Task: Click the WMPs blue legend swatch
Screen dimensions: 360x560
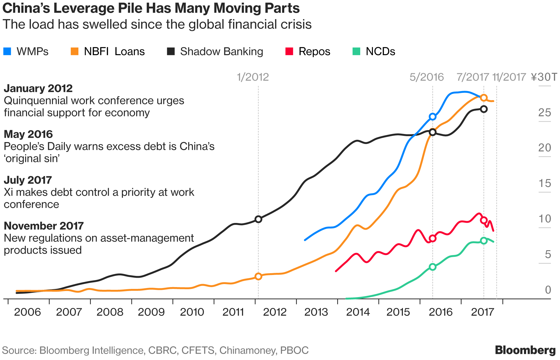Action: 7,51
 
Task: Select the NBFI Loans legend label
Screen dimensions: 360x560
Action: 114,51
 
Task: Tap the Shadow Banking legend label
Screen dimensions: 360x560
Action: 221,51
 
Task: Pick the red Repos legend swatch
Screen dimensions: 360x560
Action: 289,51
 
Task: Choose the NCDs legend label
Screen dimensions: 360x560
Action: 380,51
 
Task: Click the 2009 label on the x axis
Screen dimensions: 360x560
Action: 151,312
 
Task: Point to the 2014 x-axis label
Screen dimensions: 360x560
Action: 358,312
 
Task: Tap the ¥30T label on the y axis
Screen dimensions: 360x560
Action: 544,77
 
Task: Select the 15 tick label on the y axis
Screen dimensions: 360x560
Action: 545,183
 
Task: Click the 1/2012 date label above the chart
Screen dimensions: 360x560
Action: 253,77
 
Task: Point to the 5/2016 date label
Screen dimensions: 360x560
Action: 427,77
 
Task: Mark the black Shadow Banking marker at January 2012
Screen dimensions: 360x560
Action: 258,219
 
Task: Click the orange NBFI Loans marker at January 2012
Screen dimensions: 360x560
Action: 258,277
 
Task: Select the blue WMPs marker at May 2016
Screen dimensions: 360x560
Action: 433,117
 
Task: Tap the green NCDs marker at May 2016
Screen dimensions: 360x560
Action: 433,267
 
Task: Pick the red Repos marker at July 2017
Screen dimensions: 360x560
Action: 484,220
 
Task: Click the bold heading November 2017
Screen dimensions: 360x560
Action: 44,226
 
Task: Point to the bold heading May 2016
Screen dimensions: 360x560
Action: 28,134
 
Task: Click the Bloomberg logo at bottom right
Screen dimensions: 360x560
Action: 525,350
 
